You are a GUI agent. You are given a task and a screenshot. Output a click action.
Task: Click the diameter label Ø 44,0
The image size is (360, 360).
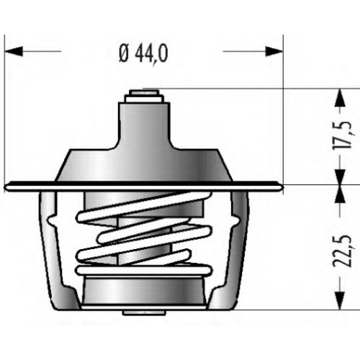pyautogui.click(x=143, y=54)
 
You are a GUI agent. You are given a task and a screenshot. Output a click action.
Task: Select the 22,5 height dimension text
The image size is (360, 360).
pyautogui.click(x=343, y=251)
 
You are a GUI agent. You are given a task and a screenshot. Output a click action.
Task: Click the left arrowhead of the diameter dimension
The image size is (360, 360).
pyautogui.click(x=14, y=51)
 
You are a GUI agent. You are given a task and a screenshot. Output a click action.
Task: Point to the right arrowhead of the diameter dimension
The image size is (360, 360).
pyautogui.click(x=274, y=51)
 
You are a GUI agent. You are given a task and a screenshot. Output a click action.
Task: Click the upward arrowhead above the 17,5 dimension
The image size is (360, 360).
pyautogui.click(x=341, y=97)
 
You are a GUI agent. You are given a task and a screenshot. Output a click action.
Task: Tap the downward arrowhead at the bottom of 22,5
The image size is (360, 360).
pyautogui.click(x=341, y=300)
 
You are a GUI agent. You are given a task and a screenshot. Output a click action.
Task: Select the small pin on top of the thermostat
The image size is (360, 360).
pyautogui.click(x=144, y=92)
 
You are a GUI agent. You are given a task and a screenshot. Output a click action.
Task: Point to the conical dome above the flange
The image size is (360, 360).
pyautogui.click(x=144, y=165)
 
